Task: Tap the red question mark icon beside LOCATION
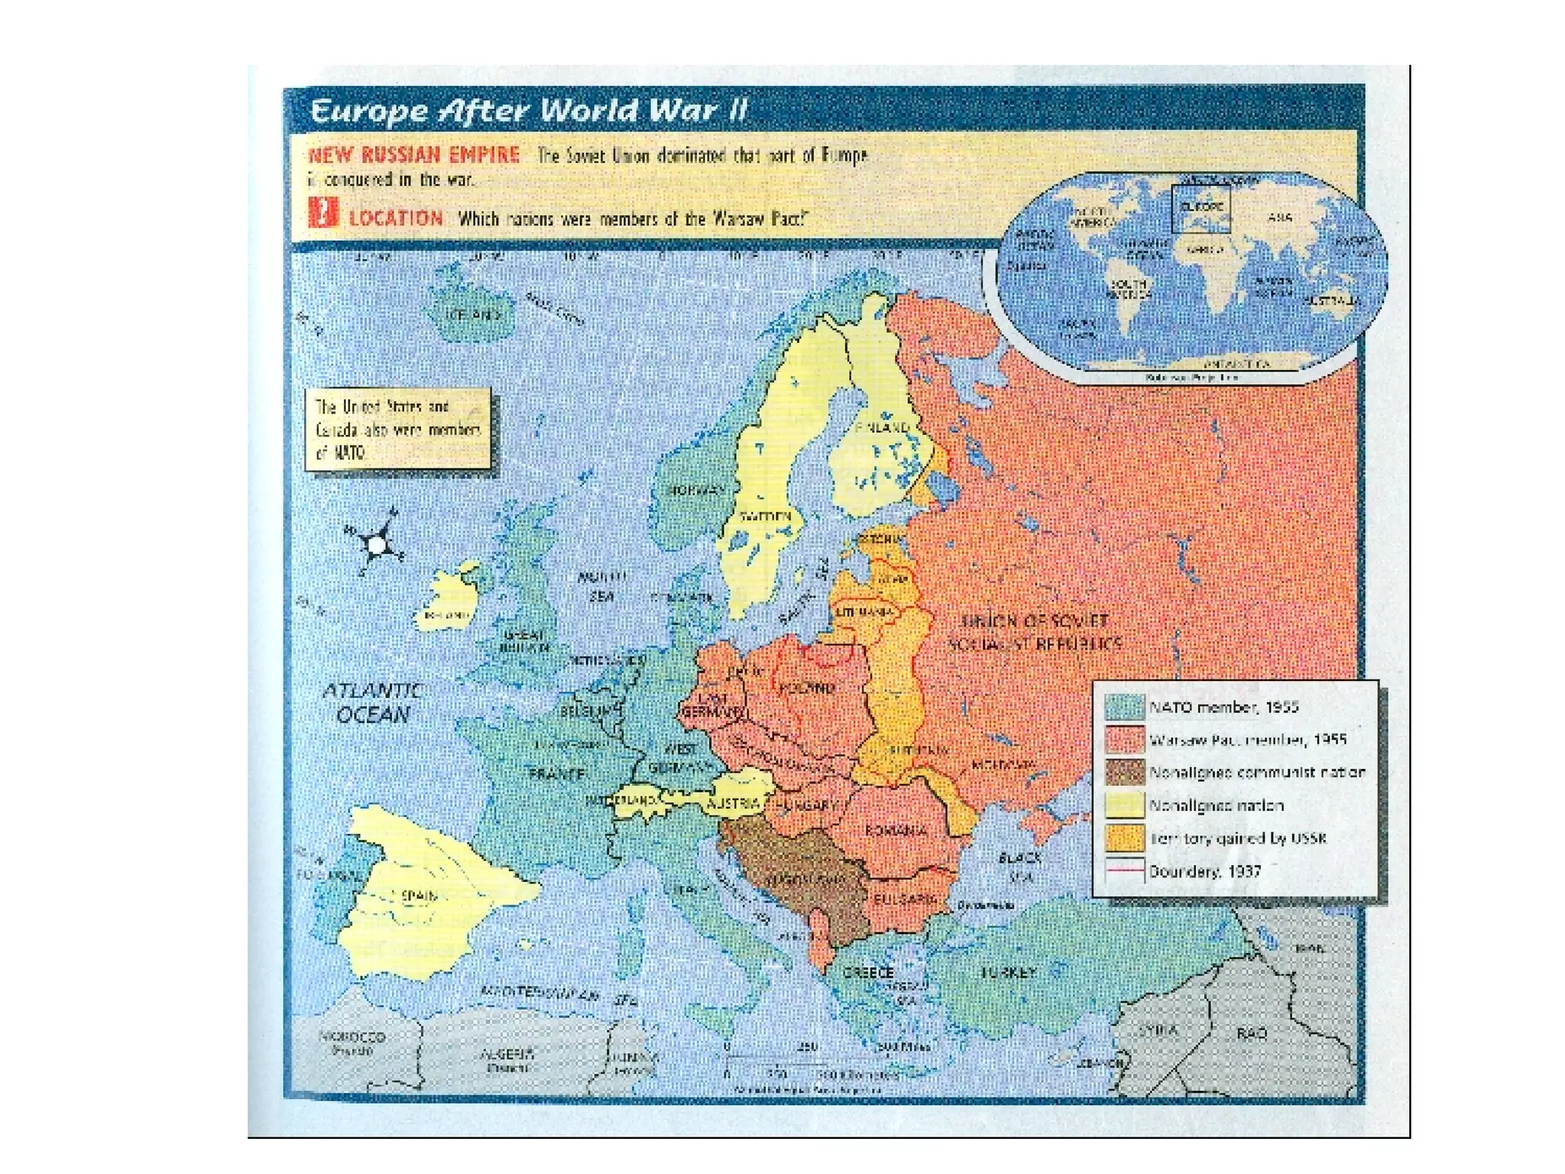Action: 324,212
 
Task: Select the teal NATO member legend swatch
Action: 1124,707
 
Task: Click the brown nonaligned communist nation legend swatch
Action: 1124,773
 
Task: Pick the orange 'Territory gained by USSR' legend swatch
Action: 1124,838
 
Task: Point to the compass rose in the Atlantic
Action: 375,545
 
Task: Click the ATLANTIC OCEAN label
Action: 372,702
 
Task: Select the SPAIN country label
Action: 419,895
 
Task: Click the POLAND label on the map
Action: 807,688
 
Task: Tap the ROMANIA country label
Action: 896,831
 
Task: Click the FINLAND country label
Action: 882,428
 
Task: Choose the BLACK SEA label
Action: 1019,867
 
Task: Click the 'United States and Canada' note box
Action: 397,430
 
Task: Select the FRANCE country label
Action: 557,773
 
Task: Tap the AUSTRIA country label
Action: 733,803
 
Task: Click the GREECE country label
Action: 868,972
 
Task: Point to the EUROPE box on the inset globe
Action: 1200,207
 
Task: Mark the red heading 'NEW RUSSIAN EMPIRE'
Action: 413,155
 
